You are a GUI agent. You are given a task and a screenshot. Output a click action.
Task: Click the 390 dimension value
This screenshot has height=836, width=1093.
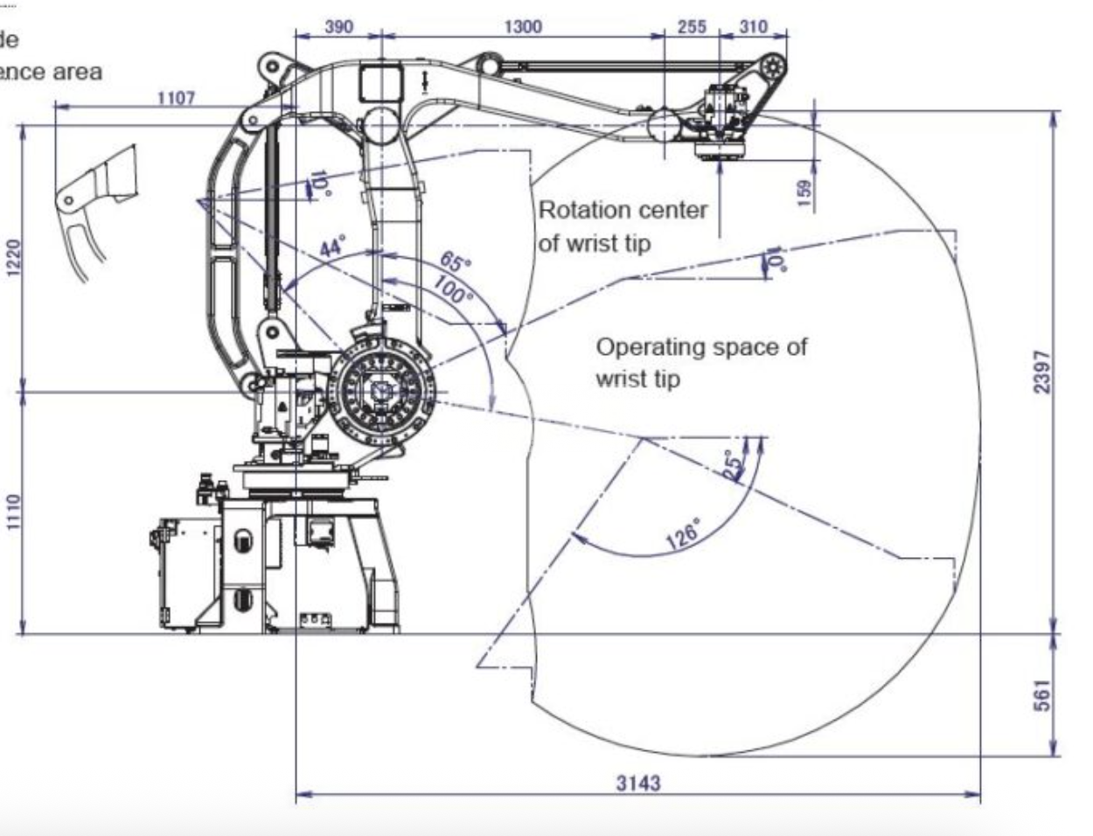coord(338,26)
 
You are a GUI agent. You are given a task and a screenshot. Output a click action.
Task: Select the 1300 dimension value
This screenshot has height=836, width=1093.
coord(522,26)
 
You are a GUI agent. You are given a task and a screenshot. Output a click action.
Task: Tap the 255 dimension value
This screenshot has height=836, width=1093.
coord(691,26)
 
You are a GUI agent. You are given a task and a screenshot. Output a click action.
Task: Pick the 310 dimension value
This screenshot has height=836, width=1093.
coord(753,26)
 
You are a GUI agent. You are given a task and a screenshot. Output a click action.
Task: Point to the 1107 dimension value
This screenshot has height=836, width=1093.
coord(176,98)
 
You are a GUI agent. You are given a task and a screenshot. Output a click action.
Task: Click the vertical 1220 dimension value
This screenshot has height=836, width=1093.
coord(11,257)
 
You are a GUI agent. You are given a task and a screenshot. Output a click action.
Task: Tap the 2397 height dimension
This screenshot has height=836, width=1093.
coord(1041,372)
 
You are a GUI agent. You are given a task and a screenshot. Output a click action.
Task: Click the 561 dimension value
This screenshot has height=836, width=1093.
coord(1041,695)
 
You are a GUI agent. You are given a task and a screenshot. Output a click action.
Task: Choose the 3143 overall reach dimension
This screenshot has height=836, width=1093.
coord(638,783)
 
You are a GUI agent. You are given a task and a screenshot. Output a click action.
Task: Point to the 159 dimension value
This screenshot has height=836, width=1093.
coord(805,188)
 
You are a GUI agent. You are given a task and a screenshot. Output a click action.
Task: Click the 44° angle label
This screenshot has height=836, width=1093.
coord(331,247)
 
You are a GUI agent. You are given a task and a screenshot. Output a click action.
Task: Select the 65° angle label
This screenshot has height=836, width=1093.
coord(455,261)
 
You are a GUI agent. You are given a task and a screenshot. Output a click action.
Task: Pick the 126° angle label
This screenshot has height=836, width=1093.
coord(683,533)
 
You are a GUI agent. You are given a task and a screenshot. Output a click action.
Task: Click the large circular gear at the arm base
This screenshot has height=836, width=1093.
coord(382,394)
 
